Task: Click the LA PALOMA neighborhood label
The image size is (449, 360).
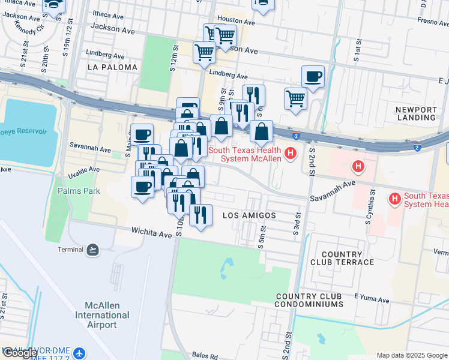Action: tap(112, 67)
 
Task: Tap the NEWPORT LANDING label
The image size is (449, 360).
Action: tap(416, 114)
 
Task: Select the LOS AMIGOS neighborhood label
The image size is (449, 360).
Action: tap(249, 215)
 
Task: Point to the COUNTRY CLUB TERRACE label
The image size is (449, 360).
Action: tap(342, 258)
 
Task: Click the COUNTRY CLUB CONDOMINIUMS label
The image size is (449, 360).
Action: tap(309, 301)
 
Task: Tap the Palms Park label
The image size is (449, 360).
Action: tap(77, 191)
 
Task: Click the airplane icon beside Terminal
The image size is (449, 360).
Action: tap(92, 249)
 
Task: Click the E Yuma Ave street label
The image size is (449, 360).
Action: tap(373, 296)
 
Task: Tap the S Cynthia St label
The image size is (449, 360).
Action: tap(370, 207)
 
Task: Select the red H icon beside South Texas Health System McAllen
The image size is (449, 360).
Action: tap(291, 154)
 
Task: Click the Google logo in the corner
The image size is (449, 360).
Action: tap(20, 352)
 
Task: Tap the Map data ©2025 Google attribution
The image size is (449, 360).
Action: tap(412, 355)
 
